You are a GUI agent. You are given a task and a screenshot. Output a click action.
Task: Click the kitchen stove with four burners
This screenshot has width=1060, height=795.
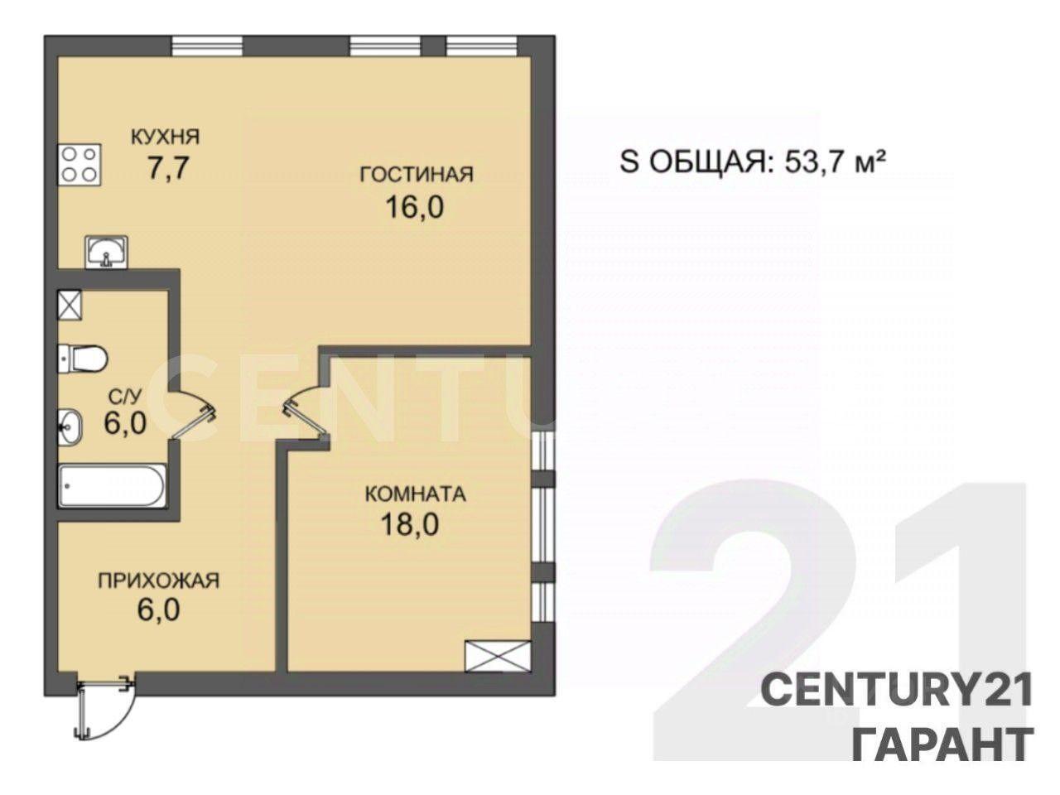coord(79,165)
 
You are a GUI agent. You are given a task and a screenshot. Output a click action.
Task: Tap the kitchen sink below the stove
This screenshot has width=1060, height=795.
coord(106,252)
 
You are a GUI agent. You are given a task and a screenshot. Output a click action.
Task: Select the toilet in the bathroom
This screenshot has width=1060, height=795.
coord(82,359)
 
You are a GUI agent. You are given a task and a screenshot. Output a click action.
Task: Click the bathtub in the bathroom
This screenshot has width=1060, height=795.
coord(113,486)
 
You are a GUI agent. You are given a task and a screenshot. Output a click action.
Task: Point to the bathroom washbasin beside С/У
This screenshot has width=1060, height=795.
coord(70,426)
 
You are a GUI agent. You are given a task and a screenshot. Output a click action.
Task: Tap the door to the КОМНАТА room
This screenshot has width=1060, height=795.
coord(304,414)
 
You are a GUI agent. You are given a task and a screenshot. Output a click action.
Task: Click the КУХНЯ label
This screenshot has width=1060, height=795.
coord(166,137)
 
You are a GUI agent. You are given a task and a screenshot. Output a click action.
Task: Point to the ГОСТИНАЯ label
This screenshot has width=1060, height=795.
coord(417,174)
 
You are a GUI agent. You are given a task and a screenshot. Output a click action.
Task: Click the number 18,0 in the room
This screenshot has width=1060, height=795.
coord(410,525)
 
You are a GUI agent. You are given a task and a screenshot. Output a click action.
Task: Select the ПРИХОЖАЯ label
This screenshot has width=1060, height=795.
coord(159,581)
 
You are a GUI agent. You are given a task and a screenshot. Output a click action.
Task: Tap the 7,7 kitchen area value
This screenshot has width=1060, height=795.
coord(167,168)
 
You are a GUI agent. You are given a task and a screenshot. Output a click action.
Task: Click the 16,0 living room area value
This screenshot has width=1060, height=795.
coord(415,208)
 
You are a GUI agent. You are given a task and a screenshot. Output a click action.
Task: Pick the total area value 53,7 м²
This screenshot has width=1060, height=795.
coord(836,162)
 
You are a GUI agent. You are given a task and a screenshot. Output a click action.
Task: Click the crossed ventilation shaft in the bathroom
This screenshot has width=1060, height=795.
coord(70,305)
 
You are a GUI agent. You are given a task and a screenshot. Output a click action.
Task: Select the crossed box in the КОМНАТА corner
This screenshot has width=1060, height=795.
coord(498,656)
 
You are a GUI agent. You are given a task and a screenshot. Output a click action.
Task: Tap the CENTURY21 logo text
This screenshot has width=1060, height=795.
coord(896,691)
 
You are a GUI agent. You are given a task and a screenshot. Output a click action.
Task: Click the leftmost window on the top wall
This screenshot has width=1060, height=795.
coord(207,47)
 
